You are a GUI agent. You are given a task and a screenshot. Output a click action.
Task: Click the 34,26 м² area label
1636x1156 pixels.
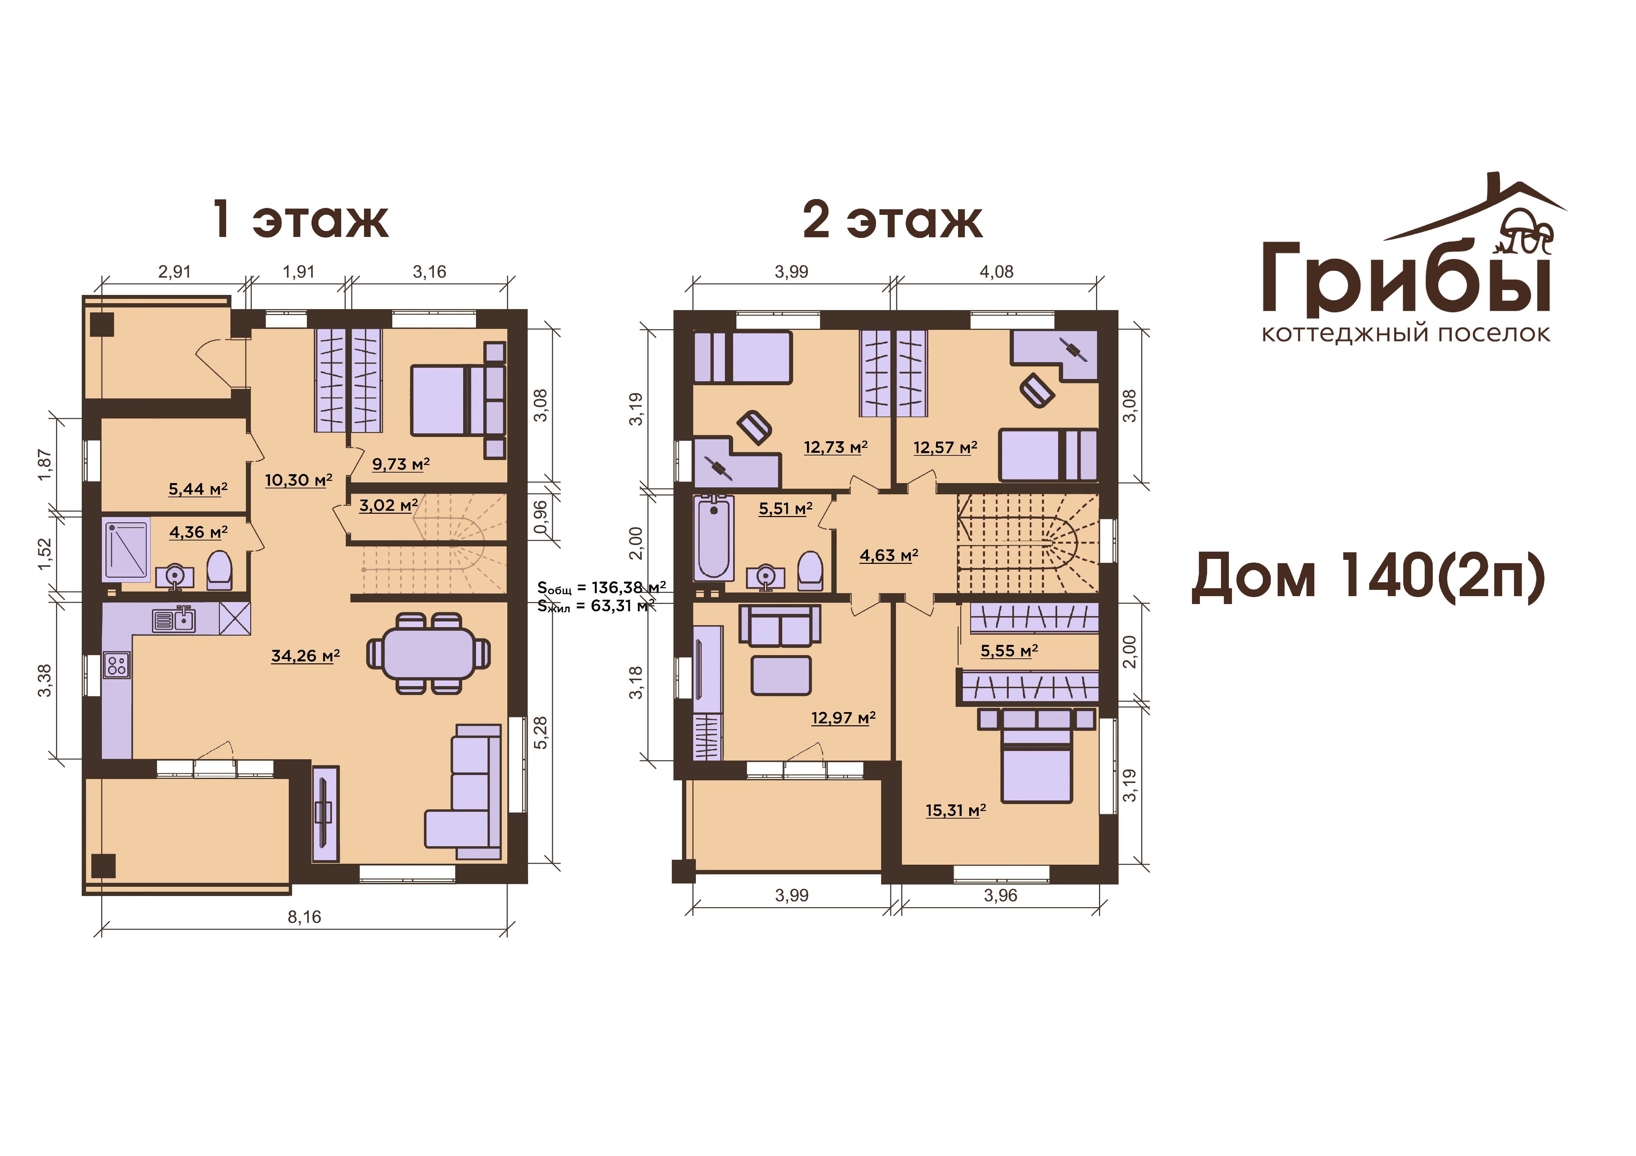[x=305, y=656]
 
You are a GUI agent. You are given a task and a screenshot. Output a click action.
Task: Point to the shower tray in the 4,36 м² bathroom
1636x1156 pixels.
[x=126, y=550]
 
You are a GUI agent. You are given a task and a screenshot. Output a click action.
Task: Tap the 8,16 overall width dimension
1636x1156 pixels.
[x=304, y=917]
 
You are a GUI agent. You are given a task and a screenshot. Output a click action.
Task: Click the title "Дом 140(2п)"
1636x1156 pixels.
[x=1368, y=576]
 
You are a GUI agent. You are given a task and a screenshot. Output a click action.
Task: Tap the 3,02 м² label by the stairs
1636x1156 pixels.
[x=388, y=506]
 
